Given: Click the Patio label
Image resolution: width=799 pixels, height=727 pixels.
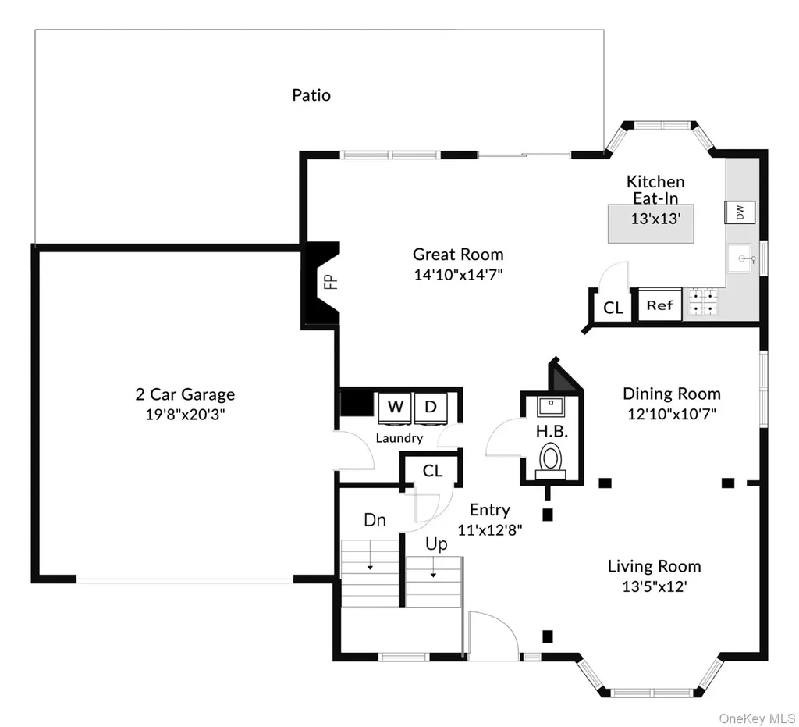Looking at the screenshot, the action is pyautogui.click(x=311, y=94).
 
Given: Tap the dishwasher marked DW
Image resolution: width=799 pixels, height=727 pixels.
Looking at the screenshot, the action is pyautogui.click(x=740, y=212).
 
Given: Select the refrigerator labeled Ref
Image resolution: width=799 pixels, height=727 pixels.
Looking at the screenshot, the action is pyautogui.click(x=660, y=305).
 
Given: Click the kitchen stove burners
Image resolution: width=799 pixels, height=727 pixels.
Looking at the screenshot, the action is pyautogui.click(x=703, y=302).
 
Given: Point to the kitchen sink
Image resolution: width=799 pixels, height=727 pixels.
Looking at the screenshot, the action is pyautogui.click(x=740, y=258).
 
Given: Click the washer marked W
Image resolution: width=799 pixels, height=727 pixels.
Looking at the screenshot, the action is pyautogui.click(x=395, y=408).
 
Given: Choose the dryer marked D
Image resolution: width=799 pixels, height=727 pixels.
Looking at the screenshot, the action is pyautogui.click(x=431, y=408).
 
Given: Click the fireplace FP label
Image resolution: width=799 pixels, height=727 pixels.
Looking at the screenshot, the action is pyautogui.click(x=332, y=282).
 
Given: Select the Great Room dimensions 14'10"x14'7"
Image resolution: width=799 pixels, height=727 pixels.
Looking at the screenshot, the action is pyautogui.click(x=458, y=275).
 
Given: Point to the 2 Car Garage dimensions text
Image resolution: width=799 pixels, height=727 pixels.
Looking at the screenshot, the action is pyautogui.click(x=185, y=415).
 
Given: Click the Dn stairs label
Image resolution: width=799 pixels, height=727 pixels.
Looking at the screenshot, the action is pyautogui.click(x=375, y=520).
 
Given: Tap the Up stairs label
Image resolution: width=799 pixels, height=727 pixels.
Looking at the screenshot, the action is pyautogui.click(x=436, y=545).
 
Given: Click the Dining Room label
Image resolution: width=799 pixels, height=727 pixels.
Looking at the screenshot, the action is pyautogui.click(x=672, y=394).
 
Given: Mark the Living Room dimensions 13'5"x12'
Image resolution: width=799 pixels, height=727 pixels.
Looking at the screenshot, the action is pyautogui.click(x=655, y=586).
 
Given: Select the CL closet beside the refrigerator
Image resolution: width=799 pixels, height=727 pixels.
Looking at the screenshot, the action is pyautogui.click(x=613, y=308).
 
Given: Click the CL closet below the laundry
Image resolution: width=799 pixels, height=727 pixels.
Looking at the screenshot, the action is pyautogui.click(x=432, y=471).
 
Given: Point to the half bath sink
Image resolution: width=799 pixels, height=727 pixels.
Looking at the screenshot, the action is pyautogui.click(x=550, y=406).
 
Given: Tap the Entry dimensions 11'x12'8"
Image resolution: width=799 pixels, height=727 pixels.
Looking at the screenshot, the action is pyautogui.click(x=490, y=530).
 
